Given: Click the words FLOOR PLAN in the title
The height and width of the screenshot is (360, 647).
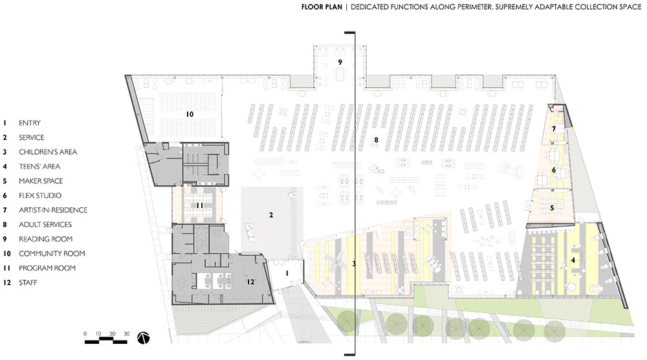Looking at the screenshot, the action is (x=322, y=6).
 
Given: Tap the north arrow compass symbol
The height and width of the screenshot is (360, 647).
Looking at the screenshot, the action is (x=144, y=338).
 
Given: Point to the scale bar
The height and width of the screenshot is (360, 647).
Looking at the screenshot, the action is (x=105, y=341).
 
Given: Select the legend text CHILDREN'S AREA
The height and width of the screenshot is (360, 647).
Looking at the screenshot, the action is (x=48, y=152).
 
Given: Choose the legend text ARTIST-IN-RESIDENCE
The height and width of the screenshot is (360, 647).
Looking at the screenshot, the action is (x=53, y=210).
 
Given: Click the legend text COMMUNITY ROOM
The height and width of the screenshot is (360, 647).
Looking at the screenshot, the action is (x=52, y=253).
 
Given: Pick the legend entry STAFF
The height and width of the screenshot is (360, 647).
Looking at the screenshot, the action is (x=28, y=282).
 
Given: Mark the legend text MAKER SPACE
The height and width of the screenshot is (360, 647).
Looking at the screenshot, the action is (x=41, y=181).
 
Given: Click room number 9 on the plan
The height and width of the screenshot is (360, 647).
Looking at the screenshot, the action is (x=340, y=62).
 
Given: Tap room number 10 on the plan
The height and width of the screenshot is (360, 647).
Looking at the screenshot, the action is (x=190, y=114).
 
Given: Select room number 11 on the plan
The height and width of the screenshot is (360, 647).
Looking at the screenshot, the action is (x=200, y=205).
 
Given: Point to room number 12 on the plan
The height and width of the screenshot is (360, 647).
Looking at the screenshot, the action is (x=250, y=282).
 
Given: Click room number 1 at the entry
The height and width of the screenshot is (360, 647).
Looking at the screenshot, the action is (x=287, y=273).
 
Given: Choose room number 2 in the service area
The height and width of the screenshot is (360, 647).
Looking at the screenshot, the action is (x=271, y=215).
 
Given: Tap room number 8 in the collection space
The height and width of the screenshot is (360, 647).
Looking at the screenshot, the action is (x=376, y=140).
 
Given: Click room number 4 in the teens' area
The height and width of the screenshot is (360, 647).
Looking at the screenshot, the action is (x=573, y=260).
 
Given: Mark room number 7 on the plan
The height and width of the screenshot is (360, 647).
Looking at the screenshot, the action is (x=554, y=129).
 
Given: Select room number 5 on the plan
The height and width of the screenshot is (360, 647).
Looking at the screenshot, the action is (x=552, y=208).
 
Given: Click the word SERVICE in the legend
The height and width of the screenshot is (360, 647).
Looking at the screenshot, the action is (x=31, y=137).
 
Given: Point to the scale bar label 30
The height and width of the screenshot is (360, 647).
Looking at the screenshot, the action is (x=126, y=333).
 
